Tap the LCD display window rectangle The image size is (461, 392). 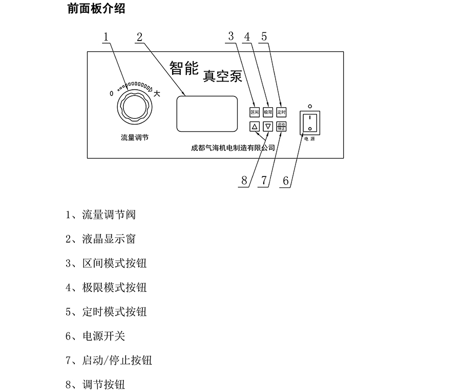coord(207,114)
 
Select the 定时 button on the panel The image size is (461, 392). coord(281,111)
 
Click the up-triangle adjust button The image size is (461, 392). coord(255,126)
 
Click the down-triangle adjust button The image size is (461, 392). coord(268,126)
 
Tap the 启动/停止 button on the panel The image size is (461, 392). coord(281,126)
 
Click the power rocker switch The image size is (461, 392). coord(310,123)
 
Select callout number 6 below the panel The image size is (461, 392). coord(286,181)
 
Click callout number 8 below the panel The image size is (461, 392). coord(244,181)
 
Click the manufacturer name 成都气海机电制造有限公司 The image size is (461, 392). coord(233,147)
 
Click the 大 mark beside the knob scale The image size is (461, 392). coord(157,94)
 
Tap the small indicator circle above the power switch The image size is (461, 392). coord(309,106)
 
